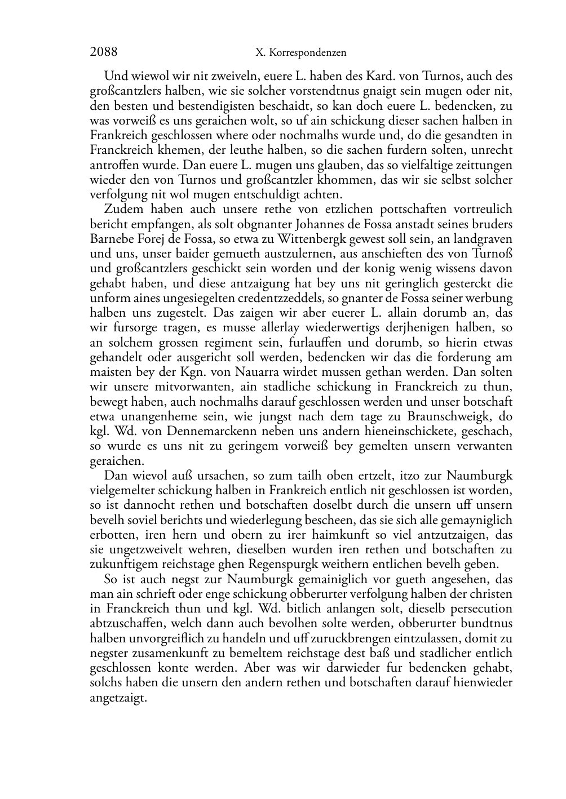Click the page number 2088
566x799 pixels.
click(x=104, y=52)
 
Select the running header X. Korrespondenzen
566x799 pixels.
click(x=300, y=53)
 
